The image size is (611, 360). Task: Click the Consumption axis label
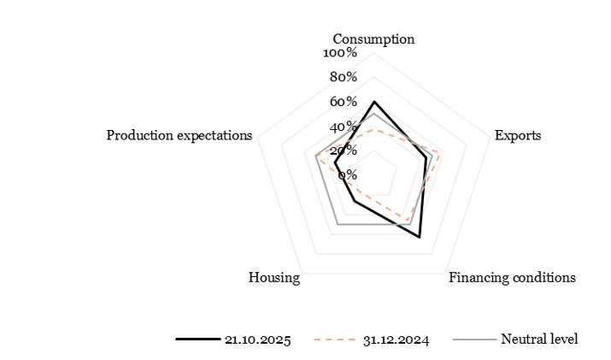373,39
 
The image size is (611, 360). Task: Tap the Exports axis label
518,136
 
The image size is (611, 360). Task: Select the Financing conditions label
512,278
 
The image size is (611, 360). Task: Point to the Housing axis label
273,278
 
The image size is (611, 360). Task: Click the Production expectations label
179,136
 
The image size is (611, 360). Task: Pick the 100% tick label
340,53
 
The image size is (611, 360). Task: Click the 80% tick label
344,78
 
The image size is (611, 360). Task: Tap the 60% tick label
344,103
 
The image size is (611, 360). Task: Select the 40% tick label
344,127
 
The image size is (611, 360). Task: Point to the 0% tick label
348,175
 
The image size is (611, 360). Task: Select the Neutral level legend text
539,339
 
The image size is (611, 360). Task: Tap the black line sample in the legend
197,339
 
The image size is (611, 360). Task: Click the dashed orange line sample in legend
335,339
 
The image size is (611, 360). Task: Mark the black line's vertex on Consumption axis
373,101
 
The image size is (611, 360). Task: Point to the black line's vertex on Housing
354,202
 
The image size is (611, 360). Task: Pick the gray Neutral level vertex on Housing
338,224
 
